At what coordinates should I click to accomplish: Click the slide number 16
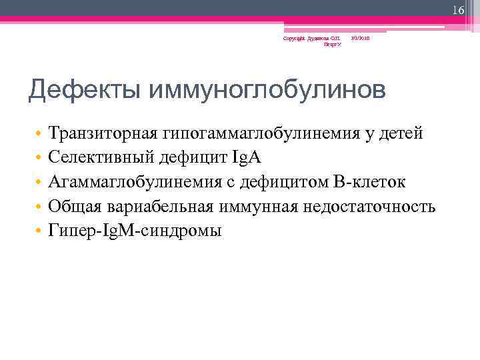458,10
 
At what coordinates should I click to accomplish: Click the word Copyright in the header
293,39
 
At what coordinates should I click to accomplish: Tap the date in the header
361,39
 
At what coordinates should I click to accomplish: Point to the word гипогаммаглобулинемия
260,133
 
